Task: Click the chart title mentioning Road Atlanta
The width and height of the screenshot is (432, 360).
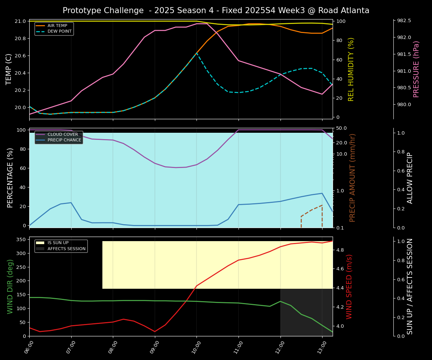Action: (x=216, y=10)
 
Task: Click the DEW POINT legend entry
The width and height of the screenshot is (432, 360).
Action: (x=59, y=31)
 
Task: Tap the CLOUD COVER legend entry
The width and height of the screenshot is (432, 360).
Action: (x=63, y=135)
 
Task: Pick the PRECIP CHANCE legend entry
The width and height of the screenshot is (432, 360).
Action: (x=64, y=140)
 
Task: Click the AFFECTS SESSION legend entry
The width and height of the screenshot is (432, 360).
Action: (x=66, y=249)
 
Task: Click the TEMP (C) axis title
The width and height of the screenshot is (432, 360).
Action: (x=9, y=69)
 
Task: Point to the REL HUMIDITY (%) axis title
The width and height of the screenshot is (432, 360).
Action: (x=351, y=69)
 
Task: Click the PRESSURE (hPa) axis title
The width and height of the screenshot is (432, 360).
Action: (x=416, y=69)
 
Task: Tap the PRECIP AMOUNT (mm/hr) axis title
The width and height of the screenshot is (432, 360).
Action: (x=352, y=178)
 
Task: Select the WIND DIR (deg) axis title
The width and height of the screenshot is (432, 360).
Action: (x=10, y=286)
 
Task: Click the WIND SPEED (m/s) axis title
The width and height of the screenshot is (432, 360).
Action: (x=349, y=286)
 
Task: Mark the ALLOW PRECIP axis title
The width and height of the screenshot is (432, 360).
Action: (x=410, y=178)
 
